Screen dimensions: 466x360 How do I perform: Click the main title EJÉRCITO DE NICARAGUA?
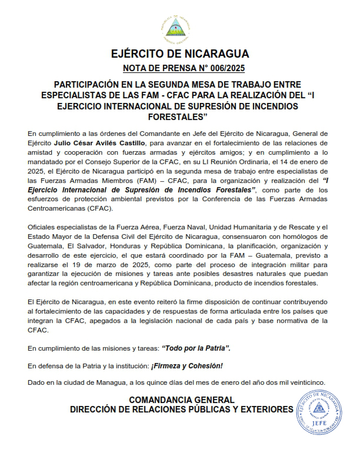[180, 55]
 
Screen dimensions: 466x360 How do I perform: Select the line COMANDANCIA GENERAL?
[181, 400]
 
